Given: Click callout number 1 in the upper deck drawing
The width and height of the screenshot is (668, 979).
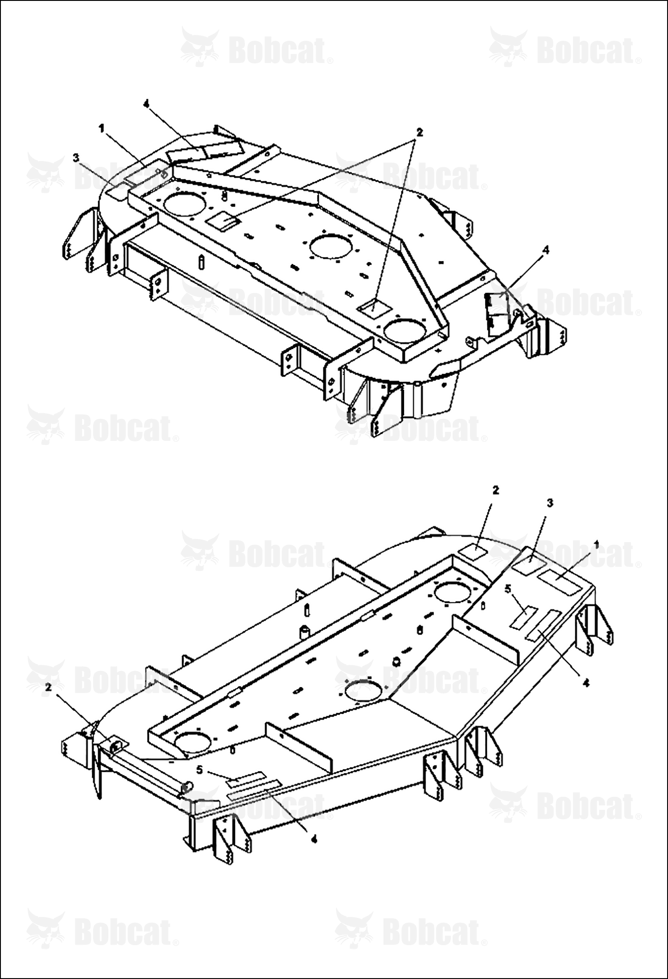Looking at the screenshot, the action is pos(101,128).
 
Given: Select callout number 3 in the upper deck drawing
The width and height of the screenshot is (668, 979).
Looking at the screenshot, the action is pos(76,158).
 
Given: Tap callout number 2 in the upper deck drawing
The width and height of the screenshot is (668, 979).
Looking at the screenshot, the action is pos(419,132).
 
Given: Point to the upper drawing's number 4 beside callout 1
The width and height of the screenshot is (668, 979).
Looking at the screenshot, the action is pos(146,104).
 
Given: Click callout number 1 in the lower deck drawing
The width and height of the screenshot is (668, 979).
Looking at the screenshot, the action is pos(596,544).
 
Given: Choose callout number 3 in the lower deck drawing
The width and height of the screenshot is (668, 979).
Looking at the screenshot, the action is pos(550,503).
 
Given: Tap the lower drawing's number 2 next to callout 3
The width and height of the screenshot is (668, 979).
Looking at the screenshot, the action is pos(496,490).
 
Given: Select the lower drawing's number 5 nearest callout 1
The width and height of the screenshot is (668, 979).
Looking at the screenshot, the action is pos(507,589).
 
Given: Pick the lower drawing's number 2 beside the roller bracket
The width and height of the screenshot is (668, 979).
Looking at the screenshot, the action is pos(49,687).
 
